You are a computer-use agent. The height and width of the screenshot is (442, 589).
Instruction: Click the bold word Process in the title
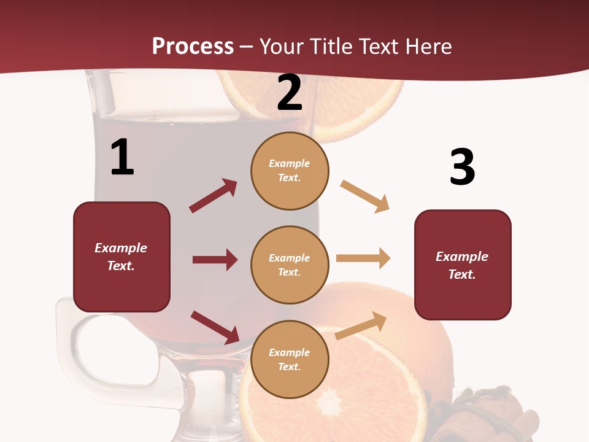(193, 46)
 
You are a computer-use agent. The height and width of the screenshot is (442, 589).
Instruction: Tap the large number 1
(122, 157)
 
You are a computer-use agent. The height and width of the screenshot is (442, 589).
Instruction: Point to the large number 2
(289, 93)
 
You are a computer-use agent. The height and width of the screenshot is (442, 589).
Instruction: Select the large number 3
(462, 167)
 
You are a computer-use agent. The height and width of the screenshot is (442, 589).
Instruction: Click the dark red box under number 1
(121, 257)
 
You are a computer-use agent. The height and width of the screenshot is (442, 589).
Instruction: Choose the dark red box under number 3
(463, 265)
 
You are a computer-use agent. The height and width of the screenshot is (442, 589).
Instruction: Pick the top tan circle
(290, 171)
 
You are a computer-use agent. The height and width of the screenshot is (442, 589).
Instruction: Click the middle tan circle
(290, 265)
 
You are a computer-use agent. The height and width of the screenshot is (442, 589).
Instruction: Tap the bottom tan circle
(290, 359)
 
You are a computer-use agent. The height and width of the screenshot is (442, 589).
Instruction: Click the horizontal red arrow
(215, 260)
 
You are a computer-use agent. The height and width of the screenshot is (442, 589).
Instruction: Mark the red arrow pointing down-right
(215, 327)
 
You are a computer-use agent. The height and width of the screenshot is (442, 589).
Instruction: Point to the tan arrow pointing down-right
(364, 196)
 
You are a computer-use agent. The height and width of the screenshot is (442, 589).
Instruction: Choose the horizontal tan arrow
(363, 258)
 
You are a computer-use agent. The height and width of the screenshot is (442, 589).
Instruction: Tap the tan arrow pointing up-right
(361, 325)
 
